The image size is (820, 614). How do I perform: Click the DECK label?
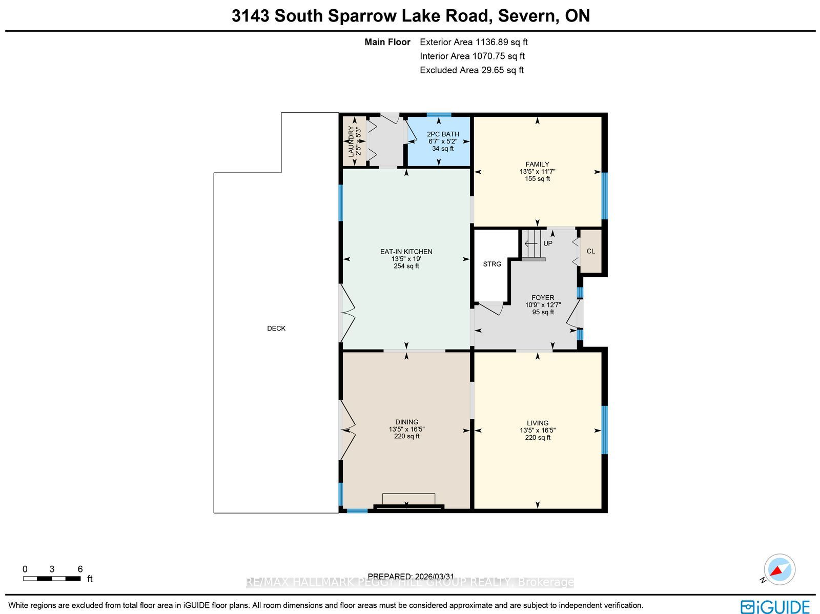[276, 329]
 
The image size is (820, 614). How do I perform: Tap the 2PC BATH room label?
[443, 134]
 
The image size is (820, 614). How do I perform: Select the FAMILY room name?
[537, 165]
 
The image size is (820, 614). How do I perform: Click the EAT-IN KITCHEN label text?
[406, 252]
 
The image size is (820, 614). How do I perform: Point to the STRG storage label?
[492, 264]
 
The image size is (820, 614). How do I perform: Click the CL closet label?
[590, 251]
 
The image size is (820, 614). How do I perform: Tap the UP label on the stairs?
[548, 243]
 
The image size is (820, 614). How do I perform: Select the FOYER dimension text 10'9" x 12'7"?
[543, 305]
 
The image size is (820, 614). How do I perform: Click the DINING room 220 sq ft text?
[407, 436]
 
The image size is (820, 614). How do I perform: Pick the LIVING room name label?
[538, 423]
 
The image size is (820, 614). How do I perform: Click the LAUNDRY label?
[351, 141]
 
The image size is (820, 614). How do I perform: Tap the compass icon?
[779, 569]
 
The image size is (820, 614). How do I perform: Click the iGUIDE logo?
[775, 606]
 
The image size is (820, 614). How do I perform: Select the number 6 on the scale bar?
[80, 569]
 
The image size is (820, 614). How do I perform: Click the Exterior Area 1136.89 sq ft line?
[474, 42]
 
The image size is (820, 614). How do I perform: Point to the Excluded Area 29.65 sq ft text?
[472, 70]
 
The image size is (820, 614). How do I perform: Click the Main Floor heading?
[387, 42]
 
